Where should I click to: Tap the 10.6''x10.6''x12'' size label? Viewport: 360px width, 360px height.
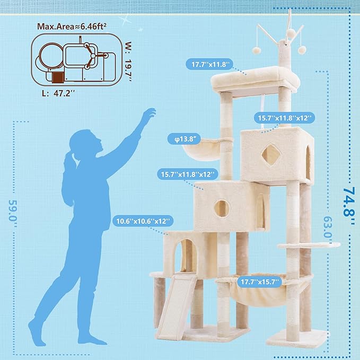tap(142, 221)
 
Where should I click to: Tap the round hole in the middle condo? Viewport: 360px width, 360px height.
tap(221, 207)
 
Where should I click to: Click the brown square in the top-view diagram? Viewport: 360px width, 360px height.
tap(58, 78)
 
